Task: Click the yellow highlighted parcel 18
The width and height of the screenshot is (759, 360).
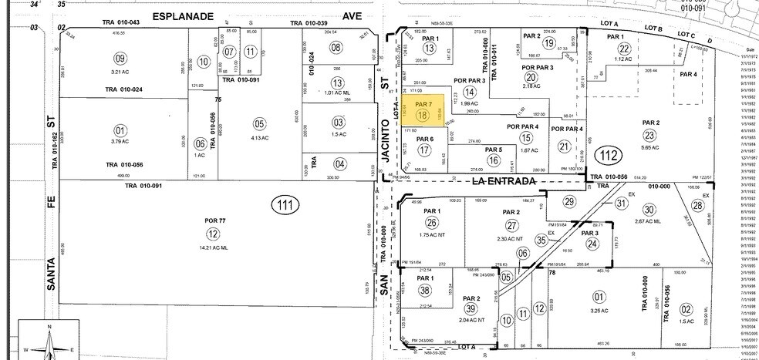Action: pyautogui.click(x=423, y=113)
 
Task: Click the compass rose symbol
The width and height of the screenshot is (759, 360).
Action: pyautogui.click(x=49, y=342)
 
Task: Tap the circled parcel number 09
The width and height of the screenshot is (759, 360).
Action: pyautogui.click(x=120, y=58)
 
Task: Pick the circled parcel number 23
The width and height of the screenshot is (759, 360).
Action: pyautogui.click(x=651, y=135)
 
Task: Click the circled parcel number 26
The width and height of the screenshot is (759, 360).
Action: pyautogui.click(x=432, y=223)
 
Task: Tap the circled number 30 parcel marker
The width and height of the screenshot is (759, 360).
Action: pyautogui.click(x=649, y=209)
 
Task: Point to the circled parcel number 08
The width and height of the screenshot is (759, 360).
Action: pyautogui.click(x=336, y=48)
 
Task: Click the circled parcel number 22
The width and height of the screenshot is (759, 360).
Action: pyautogui.click(x=625, y=49)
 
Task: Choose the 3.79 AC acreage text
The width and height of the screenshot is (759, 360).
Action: pyautogui.click(x=120, y=141)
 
